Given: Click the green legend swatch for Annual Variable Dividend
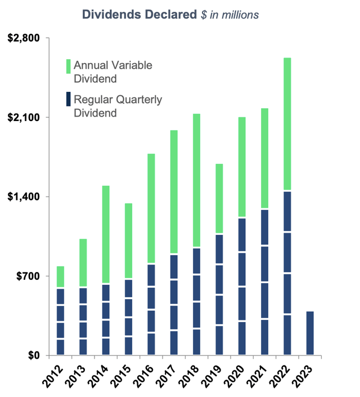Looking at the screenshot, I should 69,66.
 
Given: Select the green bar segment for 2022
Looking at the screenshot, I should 287,124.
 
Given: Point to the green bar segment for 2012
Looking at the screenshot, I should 60,277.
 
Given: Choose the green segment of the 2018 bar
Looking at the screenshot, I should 196,180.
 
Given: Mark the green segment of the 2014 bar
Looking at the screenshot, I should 106,234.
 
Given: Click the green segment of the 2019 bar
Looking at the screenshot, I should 219,198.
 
